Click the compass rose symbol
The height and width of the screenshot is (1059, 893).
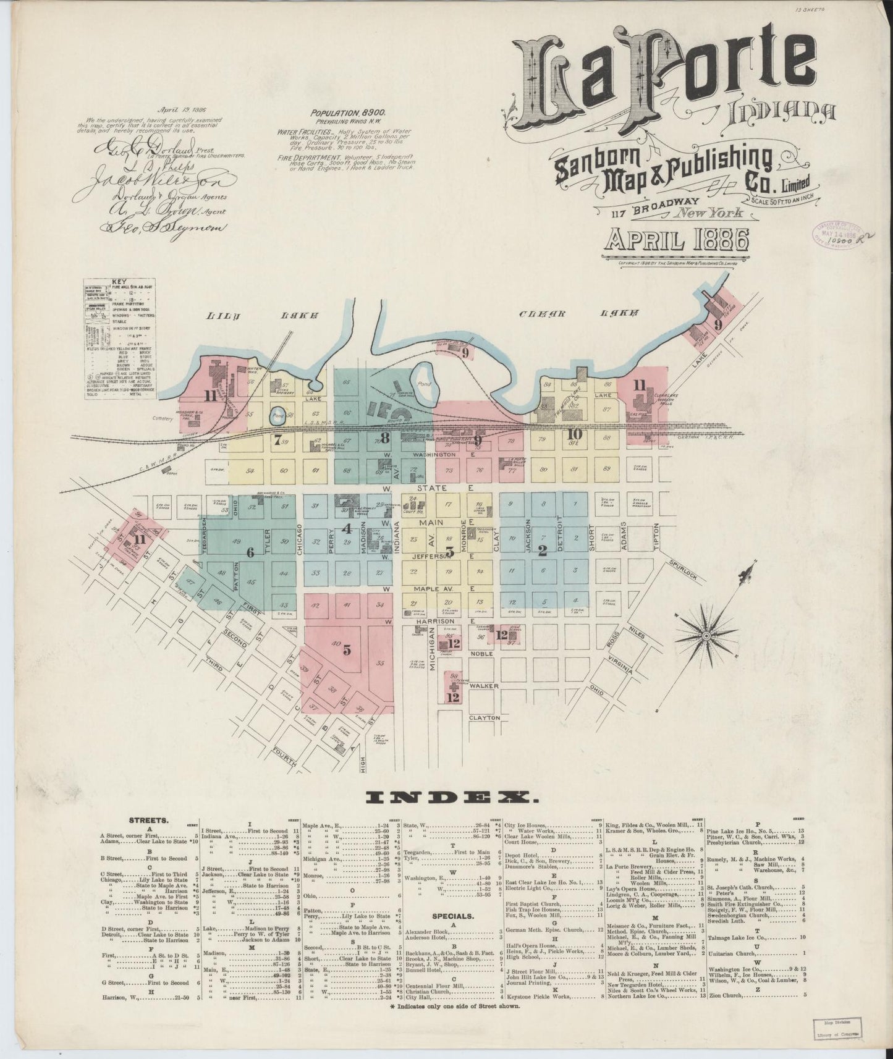point(706,635)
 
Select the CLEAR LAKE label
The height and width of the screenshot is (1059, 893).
point(578,314)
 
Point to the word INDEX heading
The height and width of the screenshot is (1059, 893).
point(449,798)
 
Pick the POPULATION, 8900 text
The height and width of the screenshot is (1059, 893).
point(349,114)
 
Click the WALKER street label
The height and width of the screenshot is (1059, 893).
point(483,686)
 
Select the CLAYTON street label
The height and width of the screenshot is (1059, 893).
point(484,718)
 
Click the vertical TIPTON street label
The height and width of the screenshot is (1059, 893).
point(657,537)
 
